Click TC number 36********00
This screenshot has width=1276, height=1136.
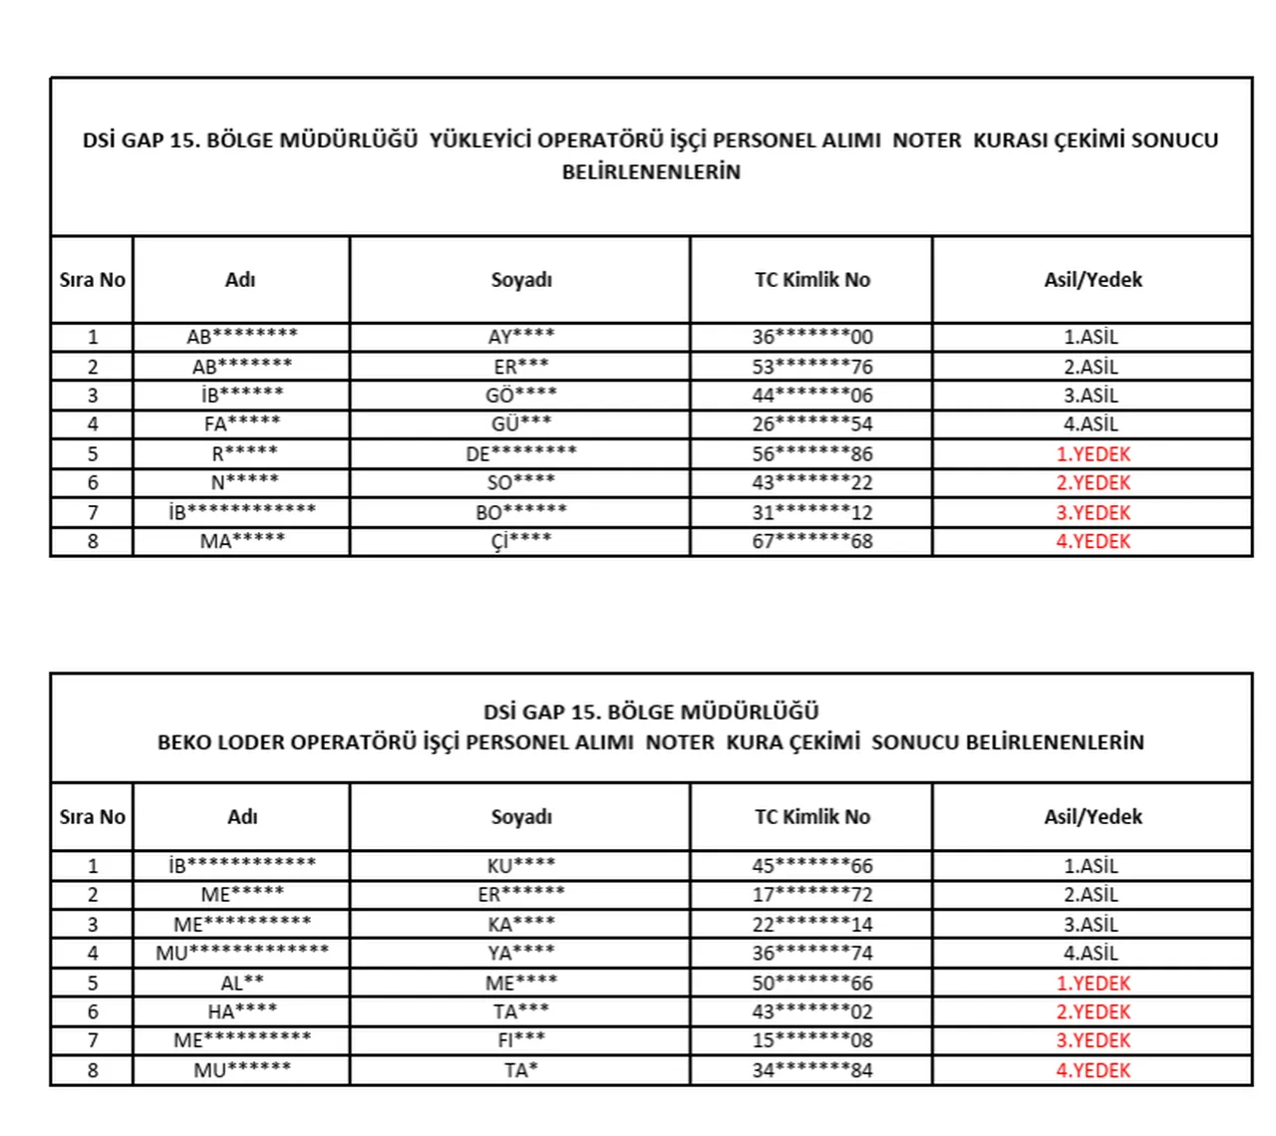811,337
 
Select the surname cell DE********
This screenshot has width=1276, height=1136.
520,453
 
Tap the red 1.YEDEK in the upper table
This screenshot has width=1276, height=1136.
1093,453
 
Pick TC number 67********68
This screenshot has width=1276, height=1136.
811,541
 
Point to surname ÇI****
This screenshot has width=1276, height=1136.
520,541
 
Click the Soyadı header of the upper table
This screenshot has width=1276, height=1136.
520,280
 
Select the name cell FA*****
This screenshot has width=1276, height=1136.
241,424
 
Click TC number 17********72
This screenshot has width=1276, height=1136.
811,895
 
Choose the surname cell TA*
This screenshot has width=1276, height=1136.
520,1070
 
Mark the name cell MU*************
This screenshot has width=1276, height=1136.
241,953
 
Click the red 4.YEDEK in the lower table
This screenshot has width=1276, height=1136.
1093,1070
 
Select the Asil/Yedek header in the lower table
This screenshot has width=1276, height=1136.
1093,817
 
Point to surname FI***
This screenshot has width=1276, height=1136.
520,1040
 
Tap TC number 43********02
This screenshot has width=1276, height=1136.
811,1011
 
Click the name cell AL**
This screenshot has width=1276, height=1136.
241,983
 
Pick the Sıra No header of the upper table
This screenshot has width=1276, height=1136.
92,280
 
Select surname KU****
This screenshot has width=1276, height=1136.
520,865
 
